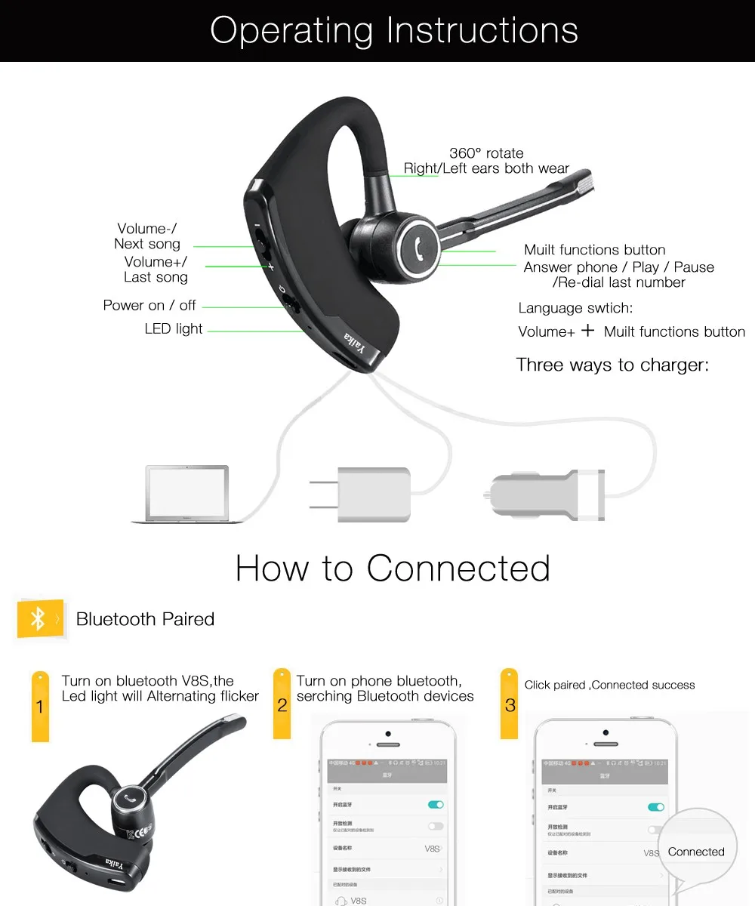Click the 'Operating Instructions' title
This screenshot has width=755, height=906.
(393, 31)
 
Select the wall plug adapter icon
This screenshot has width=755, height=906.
(360, 494)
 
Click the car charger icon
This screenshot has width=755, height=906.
(544, 495)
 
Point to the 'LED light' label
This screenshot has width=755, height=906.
(174, 328)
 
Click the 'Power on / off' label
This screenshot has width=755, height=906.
(149, 305)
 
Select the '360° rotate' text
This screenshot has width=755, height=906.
(486, 153)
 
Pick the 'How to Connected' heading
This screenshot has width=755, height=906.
(393, 569)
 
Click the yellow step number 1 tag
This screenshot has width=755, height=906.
(40, 705)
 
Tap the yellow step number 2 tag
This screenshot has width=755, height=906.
(282, 703)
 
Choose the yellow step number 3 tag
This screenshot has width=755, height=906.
(510, 703)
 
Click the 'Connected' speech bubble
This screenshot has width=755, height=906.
(695, 852)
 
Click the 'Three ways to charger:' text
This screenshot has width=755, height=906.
(612, 365)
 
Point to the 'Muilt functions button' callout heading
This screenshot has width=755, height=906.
(595, 250)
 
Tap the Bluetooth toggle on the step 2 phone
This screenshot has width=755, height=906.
(436, 805)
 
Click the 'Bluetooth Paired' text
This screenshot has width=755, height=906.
(145, 619)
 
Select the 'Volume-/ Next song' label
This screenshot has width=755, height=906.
(147, 236)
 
